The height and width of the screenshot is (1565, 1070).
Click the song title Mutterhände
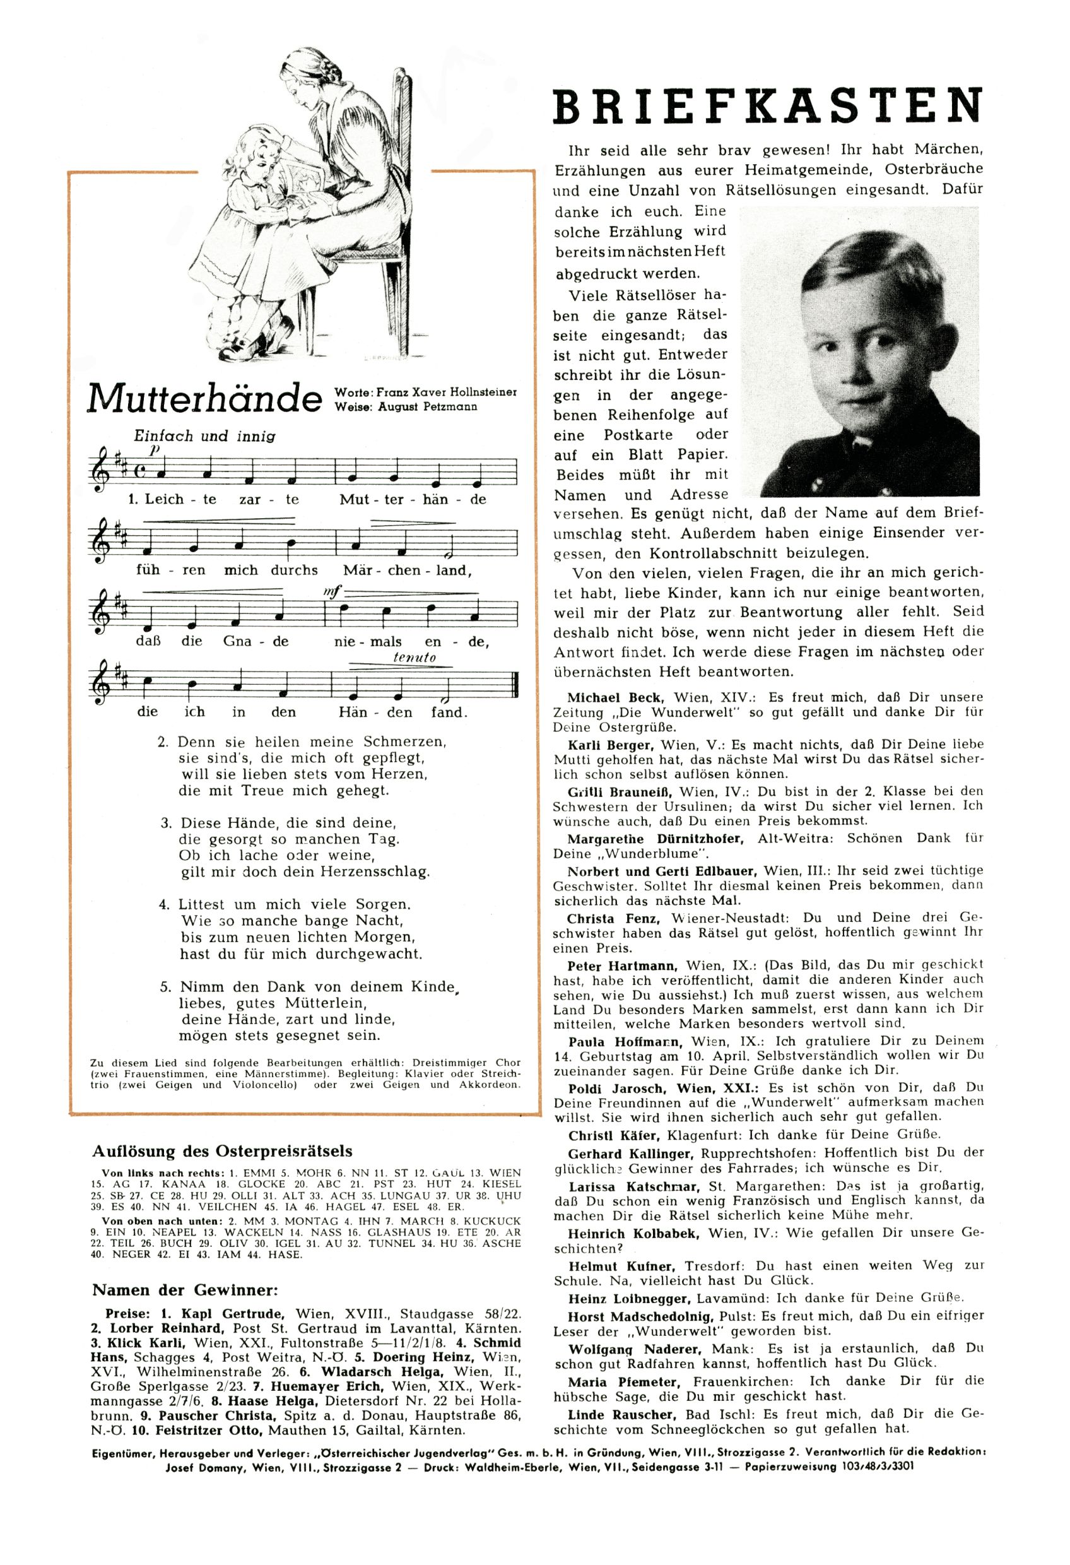[x=204, y=399]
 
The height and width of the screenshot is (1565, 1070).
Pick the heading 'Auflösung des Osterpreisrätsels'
[x=222, y=1151]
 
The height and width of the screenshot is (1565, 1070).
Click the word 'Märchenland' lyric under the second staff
[x=404, y=570]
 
